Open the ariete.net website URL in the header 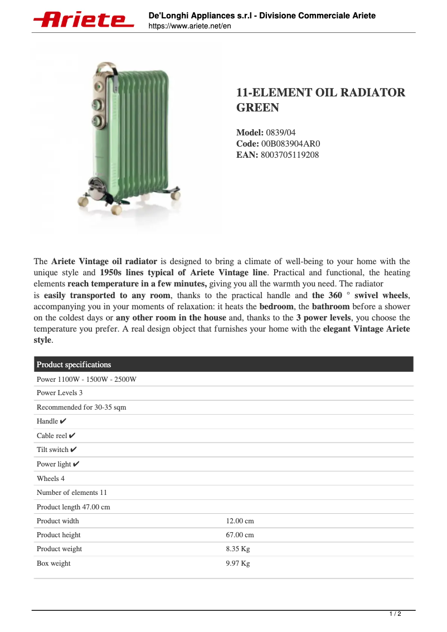pyautogui.click(x=190, y=26)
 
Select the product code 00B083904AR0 pyautogui.click(x=290, y=144)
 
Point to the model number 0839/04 pyautogui.click(x=281, y=133)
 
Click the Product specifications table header pyautogui.click(x=74, y=364)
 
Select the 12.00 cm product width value pyautogui.click(x=240, y=521)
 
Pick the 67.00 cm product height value pyautogui.click(x=240, y=535)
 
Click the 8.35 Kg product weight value pyautogui.click(x=237, y=549)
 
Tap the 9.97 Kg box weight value pyautogui.click(x=237, y=563)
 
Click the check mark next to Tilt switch pyautogui.click(x=74, y=449)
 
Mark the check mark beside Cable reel pyautogui.click(x=72, y=435)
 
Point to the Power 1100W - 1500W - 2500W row pyautogui.click(x=86, y=380)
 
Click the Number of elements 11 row pyautogui.click(x=72, y=493)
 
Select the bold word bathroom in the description pyautogui.click(x=331, y=307)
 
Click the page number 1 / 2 pyautogui.click(x=395, y=614)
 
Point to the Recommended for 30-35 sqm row pyautogui.click(x=81, y=407)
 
